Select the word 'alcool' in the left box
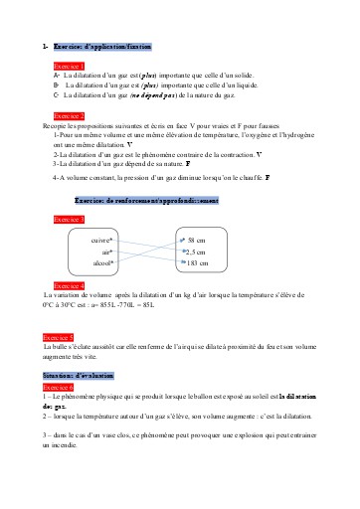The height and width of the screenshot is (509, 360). click(102, 263)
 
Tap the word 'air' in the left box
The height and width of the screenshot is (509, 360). click(106, 253)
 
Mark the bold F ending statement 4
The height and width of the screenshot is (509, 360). click(268, 176)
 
